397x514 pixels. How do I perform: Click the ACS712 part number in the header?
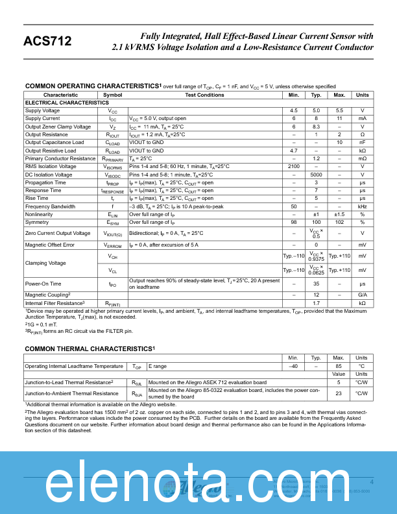coord(47,42)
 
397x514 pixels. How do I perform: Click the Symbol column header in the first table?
coord(112,95)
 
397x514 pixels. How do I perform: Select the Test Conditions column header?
coord(204,95)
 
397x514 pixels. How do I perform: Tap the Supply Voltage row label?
coord(42,110)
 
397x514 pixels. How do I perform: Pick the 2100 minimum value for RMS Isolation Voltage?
coord(293,166)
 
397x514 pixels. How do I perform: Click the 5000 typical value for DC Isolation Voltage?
coord(316,175)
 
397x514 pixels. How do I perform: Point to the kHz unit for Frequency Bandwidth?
coord(362,206)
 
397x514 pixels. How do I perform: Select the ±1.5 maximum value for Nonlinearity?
coord(339,214)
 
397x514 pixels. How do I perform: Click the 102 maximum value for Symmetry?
coord(339,221)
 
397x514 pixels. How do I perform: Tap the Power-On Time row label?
coord(43,284)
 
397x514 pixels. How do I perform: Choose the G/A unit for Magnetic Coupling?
coord(362,295)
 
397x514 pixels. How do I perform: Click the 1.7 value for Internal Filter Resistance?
coord(316,302)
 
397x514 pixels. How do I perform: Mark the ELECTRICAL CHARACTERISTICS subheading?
coord(67,103)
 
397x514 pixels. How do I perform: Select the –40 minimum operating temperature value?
coord(293,366)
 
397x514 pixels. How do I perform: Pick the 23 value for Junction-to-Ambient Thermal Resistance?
coord(339,393)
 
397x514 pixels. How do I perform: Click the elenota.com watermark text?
coord(198,483)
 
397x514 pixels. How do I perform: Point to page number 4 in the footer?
coord(372,482)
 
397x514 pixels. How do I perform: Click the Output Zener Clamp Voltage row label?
coord(58,127)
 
